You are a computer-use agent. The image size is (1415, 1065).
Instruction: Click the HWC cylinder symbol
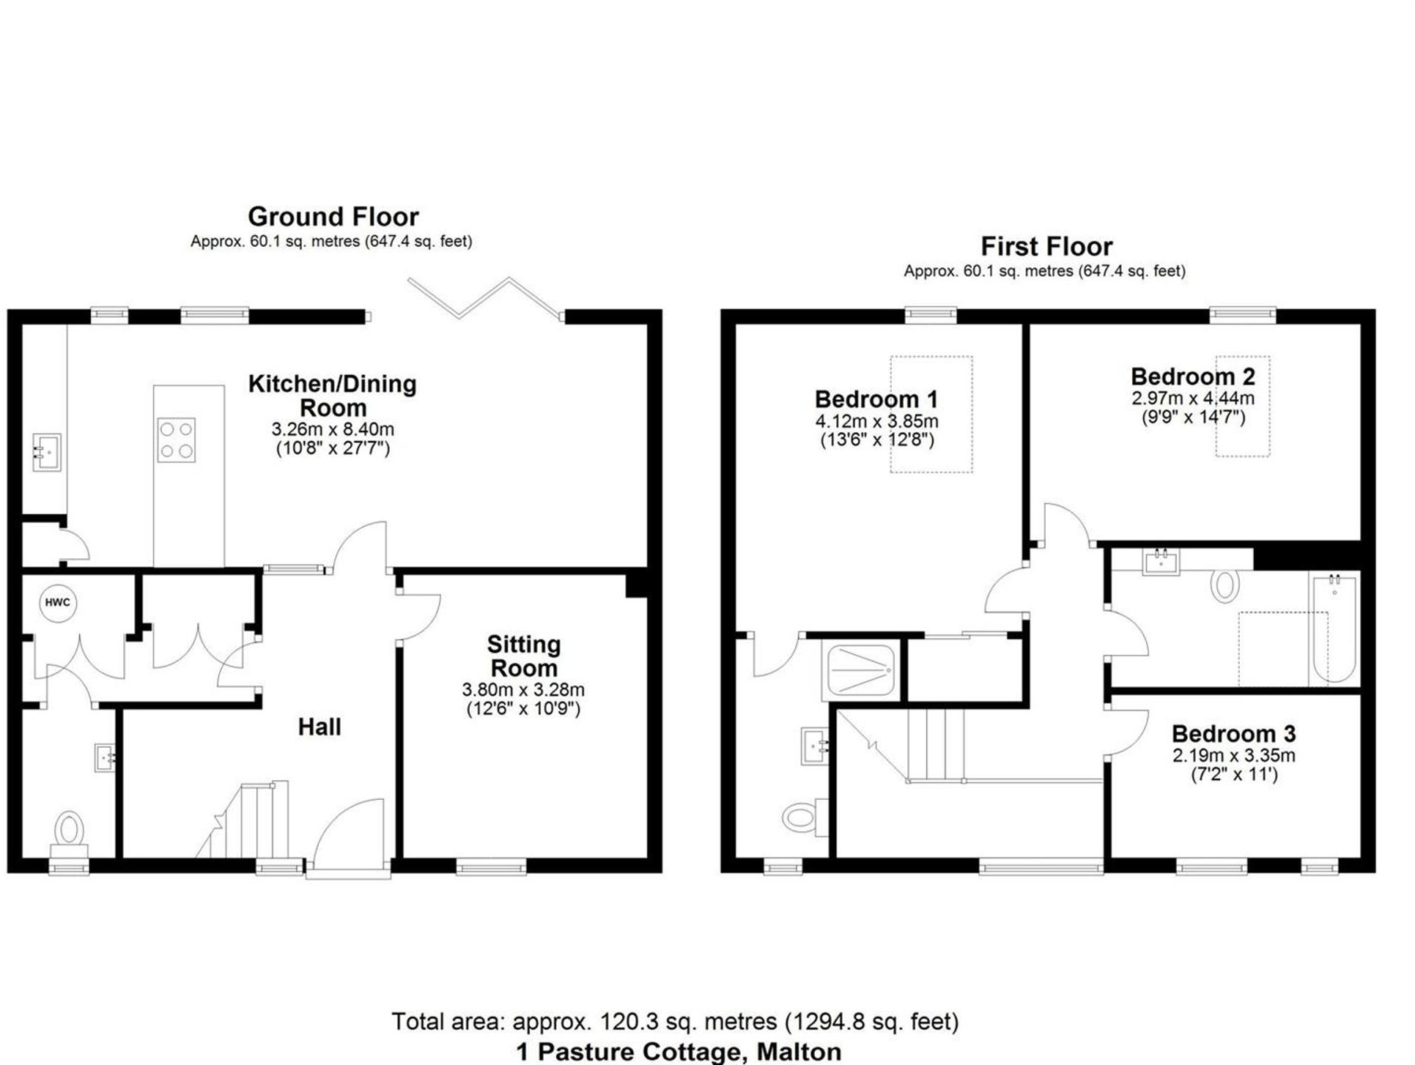[58, 603]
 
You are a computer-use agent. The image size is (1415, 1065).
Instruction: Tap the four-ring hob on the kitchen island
[176, 439]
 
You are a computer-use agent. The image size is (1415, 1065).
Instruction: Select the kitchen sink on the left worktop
[46, 452]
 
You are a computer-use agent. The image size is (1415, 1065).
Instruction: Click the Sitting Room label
[524, 656]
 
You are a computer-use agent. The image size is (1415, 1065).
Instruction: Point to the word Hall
[319, 727]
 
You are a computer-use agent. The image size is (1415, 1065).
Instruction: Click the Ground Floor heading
[333, 217]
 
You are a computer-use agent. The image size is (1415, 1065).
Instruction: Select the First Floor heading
[1046, 246]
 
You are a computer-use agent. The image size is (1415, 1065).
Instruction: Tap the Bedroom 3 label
[1233, 733]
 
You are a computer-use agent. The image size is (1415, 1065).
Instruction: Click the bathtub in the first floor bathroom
[1334, 629]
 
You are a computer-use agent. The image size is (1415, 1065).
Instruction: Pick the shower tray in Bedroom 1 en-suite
[862, 669]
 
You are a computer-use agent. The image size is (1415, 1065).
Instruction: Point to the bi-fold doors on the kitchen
[484, 299]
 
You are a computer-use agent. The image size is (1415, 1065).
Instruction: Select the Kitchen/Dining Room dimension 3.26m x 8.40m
[333, 429]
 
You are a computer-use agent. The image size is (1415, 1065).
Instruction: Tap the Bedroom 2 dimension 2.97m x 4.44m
[1192, 398]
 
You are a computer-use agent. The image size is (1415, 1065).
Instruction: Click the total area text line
[675, 1021]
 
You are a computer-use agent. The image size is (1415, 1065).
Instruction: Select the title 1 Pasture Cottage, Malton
[679, 1052]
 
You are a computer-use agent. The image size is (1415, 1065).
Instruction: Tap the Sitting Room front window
[491, 867]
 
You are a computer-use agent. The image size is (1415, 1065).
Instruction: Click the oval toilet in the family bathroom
[1224, 586]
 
